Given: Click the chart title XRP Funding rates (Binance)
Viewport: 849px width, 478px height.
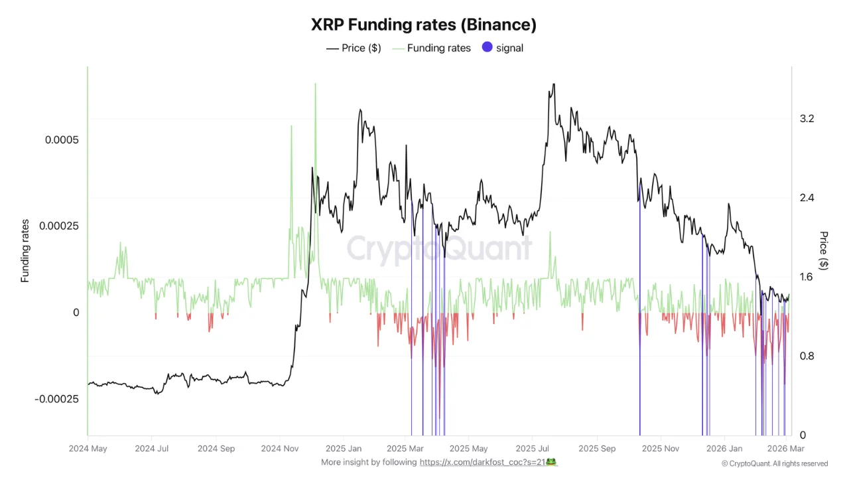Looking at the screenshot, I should coord(424,25).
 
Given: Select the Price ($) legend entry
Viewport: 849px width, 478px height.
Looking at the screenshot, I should coord(354,48).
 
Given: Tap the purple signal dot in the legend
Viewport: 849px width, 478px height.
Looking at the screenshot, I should coord(488,48).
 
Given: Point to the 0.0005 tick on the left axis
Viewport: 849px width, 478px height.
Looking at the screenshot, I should coord(61,140).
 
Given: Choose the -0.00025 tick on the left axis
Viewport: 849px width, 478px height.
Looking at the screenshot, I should coord(57,399).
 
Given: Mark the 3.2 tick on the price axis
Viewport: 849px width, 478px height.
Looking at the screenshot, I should coord(807,119).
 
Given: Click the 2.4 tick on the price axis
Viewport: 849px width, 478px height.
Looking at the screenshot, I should coord(807,198).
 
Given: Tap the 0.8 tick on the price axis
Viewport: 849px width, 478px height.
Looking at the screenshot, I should coord(807,356).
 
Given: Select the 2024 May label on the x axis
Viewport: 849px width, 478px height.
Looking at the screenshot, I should coord(88,449).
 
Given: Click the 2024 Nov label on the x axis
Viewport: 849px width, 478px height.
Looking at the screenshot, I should coord(281,449).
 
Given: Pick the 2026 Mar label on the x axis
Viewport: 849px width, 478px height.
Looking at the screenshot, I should coord(785,449).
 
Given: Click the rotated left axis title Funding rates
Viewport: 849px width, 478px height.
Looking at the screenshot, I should coord(25,251).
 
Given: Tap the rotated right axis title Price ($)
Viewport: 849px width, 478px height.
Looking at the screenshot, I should coord(824,251).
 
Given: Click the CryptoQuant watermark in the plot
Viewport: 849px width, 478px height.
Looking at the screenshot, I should coord(439,249).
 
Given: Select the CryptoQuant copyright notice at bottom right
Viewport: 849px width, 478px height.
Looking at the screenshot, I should coord(775,463).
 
